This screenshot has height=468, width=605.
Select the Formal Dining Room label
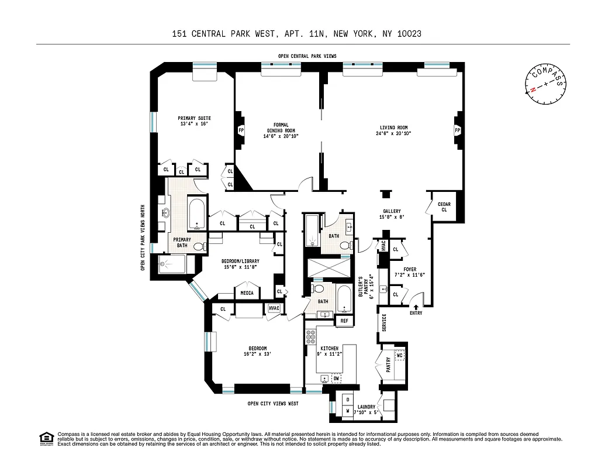[281, 130]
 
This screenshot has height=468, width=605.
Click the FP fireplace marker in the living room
[457, 130]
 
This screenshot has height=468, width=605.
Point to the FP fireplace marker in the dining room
[240, 130]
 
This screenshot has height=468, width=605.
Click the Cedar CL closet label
[444, 207]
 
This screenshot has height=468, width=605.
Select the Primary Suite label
[194, 121]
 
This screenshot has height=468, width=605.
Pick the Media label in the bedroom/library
[246, 292]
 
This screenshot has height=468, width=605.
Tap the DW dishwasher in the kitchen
[336, 378]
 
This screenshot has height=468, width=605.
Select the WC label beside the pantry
[400, 355]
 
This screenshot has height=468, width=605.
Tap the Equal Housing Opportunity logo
[46, 438]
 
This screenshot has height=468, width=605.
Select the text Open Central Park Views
[307, 56]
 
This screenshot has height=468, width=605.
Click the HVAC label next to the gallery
[383, 245]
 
